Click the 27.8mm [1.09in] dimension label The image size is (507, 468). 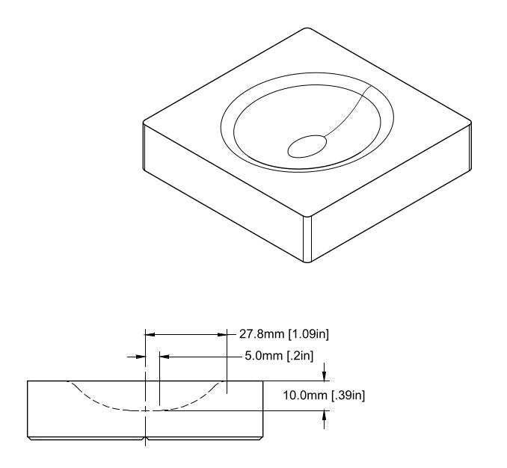(284, 333)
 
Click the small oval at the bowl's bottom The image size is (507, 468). (307, 146)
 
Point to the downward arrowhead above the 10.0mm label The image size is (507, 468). (324, 376)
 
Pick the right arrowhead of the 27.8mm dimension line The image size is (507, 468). (223, 334)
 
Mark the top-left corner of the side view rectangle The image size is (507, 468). (28, 381)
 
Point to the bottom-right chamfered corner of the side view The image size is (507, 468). (262, 435)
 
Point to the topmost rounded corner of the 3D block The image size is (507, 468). (307, 29)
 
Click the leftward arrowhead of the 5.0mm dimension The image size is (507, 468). (163, 357)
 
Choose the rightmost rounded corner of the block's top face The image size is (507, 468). (469, 123)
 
